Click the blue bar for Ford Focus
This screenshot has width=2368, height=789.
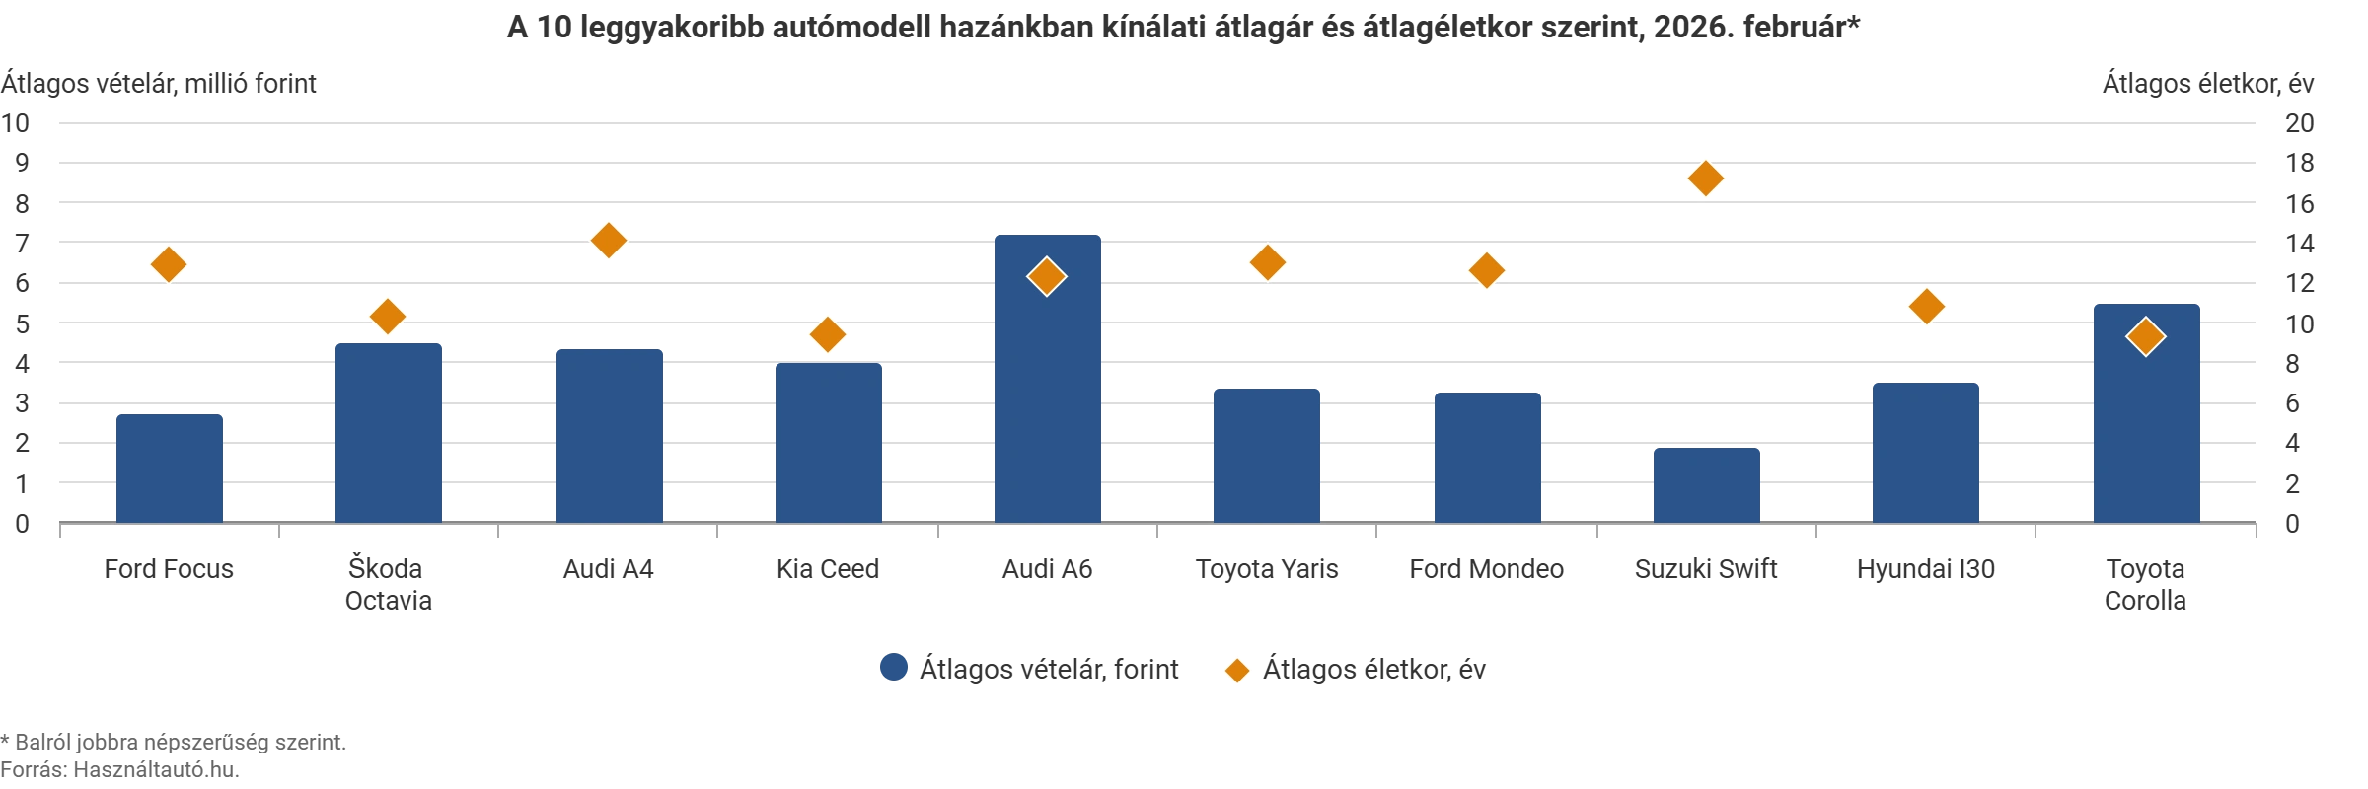(x=170, y=467)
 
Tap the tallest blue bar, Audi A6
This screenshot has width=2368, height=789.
(x=1048, y=394)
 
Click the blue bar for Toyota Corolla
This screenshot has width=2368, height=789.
(x=2146, y=424)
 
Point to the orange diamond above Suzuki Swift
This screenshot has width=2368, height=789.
(x=1706, y=179)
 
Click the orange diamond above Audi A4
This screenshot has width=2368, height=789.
(x=608, y=239)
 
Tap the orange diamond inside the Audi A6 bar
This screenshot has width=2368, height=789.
(x=1046, y=277)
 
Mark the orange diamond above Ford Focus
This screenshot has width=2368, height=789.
(x=169, y=264)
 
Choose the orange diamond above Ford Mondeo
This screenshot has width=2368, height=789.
(x=1487, y=270)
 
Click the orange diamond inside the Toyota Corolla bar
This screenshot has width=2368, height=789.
(x=2145, y=337)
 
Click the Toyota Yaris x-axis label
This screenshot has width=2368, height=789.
(x=1267, y=570)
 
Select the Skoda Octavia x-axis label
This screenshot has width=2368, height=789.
(x=388, y=585)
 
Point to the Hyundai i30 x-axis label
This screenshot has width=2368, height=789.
(x=1925, y=570)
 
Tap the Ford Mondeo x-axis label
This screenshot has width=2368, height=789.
(x=1486, y=570)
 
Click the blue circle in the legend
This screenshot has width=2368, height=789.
(x=892, y=669)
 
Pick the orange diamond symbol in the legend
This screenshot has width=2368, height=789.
(x=1234, y=670)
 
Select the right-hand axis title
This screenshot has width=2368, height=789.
(x=2210, y=83)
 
